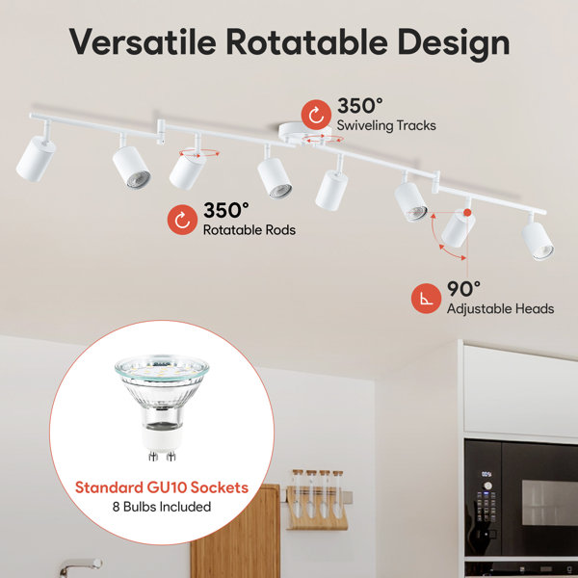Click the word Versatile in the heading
(x=143, y=41)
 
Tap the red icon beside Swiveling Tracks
(x=316, y=115)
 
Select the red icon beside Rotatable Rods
(x=182, y=220)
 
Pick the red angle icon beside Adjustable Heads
(x=426, y=299)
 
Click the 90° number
(x=463, y=289)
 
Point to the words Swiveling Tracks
(x=386, y=125)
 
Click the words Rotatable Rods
(x=250, y=230)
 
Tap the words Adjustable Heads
(x=500, y=309)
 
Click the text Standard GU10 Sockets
(x=162, y=487)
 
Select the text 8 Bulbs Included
(x=162, y=507)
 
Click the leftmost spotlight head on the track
(x=36, y=158)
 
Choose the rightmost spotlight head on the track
(x=538, y=240)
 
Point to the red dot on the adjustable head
(x=467, y=212)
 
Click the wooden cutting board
(x=235, y=531)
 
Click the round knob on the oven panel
(x=487, y=486)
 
